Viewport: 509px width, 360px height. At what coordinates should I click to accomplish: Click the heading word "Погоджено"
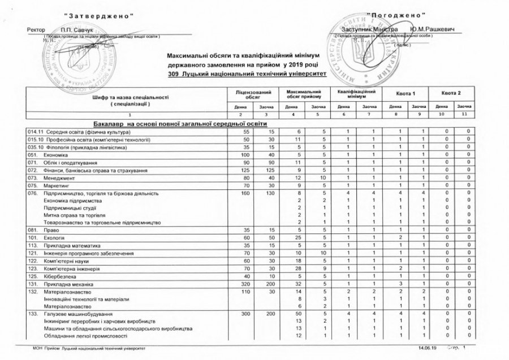click(395, 14)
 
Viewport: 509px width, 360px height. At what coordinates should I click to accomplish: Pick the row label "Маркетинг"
click(55, 184)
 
